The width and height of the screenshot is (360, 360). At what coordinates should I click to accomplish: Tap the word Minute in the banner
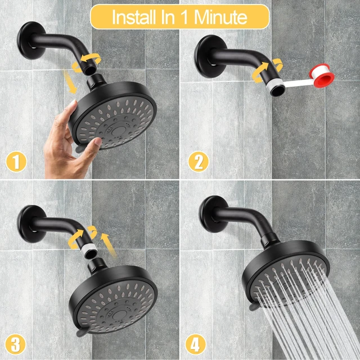[220, 17]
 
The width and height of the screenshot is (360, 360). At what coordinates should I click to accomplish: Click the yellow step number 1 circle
[16, 161]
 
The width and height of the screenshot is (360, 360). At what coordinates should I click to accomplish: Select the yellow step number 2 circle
[199, 161]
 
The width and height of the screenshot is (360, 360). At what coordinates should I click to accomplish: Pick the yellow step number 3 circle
[15, 344]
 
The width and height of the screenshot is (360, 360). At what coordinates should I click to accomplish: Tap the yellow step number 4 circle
[196, 344]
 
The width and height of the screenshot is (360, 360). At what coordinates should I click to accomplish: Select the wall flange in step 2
[208, 56]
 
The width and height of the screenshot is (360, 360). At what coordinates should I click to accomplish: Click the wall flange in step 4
[211, 214]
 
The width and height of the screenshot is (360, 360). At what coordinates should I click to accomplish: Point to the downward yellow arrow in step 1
[70, 82]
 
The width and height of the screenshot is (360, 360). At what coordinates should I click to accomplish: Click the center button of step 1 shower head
[118, 131]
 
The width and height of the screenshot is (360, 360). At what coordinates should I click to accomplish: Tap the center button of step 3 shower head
[119, 316]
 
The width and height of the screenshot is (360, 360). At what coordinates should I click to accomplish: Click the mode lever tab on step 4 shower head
[253, 307]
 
